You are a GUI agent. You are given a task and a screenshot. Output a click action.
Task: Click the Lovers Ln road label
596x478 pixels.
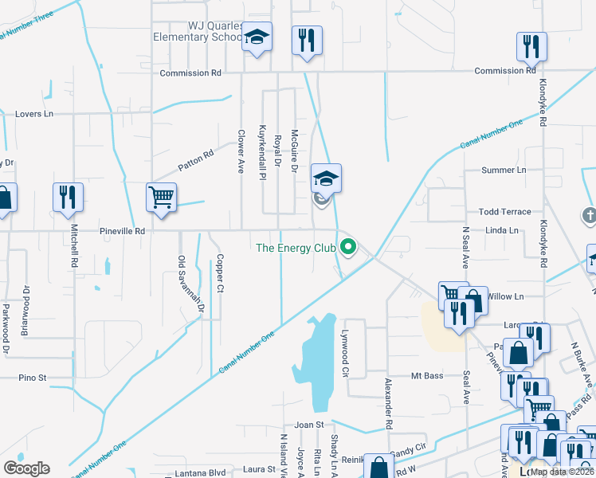[x=34, y=114]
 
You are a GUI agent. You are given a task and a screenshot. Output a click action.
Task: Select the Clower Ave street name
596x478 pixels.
[x=240, y=153]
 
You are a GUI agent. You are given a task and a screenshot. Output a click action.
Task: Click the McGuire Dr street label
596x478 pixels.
[x=294, y=151]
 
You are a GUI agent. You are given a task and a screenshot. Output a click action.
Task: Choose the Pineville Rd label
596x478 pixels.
[x=122, y=231]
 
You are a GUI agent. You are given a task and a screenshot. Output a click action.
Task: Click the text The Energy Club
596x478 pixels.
[x=296, y=248]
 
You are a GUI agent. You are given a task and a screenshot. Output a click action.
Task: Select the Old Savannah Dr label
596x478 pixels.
[x=182, y=283]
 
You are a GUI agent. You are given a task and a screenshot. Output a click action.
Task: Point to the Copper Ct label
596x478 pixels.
[x=219, y=272]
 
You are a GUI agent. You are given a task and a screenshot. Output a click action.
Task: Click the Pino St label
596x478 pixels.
[x=33, y=377]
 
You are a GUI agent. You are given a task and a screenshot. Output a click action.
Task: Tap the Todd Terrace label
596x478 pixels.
[x=504, y=212]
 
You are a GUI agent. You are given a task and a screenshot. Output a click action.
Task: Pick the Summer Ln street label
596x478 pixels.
[x=504, y=170]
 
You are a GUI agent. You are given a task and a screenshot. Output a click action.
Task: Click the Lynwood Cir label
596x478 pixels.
[x=346, y=352]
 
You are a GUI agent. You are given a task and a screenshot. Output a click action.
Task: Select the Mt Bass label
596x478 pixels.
[x=426, y=375]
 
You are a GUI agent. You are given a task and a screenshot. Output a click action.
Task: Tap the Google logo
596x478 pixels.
[x=26, y=468]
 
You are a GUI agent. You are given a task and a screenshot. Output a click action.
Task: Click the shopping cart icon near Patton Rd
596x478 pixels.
[x=162, y=196]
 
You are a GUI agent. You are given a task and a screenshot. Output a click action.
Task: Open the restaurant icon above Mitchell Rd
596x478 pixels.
[x=68, y=196]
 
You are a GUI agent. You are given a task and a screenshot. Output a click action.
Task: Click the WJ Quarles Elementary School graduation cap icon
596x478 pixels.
[x=257, y=37]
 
